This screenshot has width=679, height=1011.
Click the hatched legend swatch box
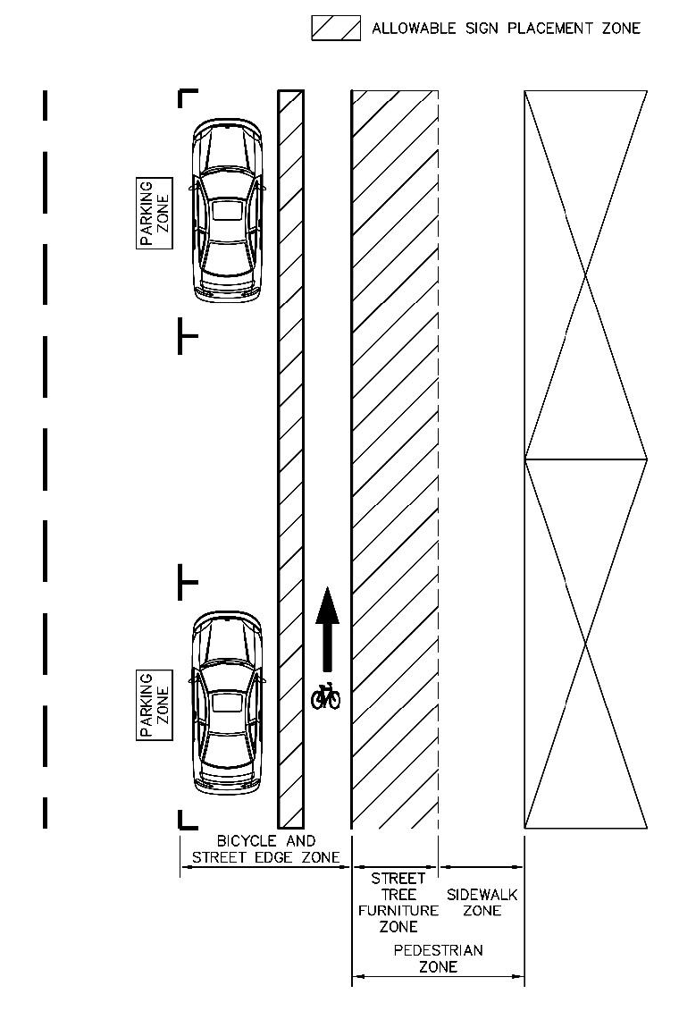click(336, 29)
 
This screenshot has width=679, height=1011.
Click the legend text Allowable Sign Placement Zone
click(507, 29)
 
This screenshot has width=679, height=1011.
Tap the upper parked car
click(228, 209)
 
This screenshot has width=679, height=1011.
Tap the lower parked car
click(228, 702)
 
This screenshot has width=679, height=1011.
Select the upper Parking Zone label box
click(155, 213)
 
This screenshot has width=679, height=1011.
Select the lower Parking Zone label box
click(155, 704)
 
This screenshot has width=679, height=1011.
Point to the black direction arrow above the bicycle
click(327, 629)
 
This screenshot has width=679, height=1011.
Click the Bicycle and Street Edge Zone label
click(266, 849)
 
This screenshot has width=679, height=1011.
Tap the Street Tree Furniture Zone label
click(398, 903)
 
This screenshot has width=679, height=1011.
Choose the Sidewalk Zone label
click(482, 903)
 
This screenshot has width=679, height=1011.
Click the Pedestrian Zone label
click(438, 958)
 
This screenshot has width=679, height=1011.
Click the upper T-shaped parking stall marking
click(187, 335)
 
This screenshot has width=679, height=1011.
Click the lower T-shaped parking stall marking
click(187, 582)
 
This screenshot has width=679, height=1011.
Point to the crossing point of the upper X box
click(585, 275)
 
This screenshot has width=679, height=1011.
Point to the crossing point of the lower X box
click(585, 644)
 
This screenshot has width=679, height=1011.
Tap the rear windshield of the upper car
click(228, 256)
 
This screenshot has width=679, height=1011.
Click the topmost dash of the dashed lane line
click(45, 105)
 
